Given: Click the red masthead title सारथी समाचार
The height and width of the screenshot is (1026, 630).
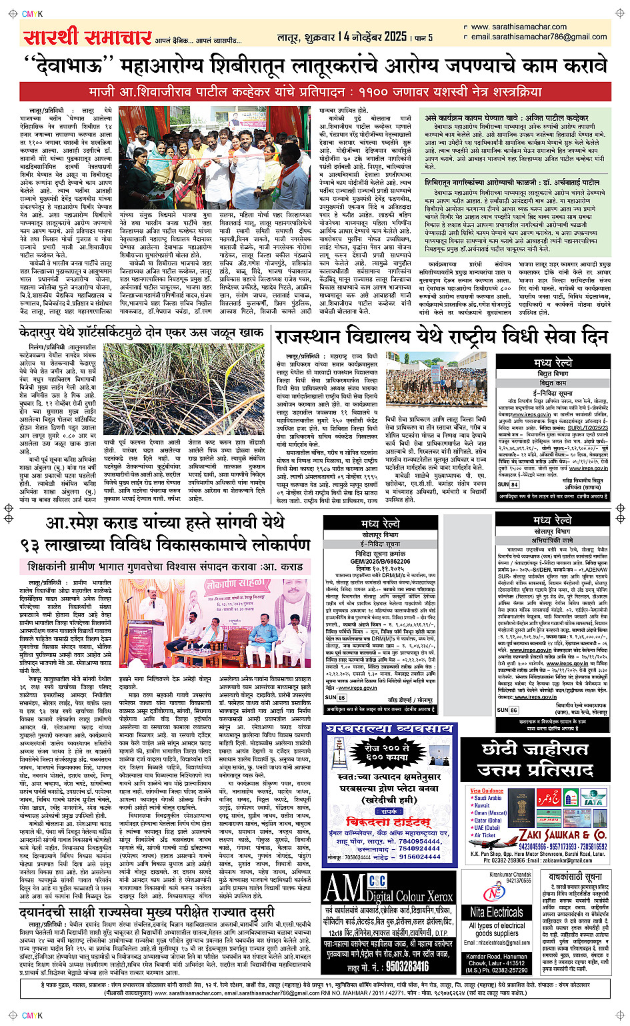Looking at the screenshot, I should (87, 37).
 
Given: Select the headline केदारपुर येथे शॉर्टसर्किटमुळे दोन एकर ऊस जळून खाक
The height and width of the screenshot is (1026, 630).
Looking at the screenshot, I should (141, 332).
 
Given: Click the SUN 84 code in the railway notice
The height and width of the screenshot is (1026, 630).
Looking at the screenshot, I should (508, 484).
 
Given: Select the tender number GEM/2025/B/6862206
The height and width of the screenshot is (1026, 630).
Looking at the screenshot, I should (381, 562).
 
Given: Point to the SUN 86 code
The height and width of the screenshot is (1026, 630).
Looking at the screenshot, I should (508, 710).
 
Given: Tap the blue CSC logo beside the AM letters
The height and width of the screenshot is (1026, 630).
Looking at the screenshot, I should (377, 881).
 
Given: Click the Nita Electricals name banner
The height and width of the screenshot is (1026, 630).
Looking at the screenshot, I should (497, 912).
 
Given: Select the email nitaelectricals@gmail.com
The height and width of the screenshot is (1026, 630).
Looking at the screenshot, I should (497, 943).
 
